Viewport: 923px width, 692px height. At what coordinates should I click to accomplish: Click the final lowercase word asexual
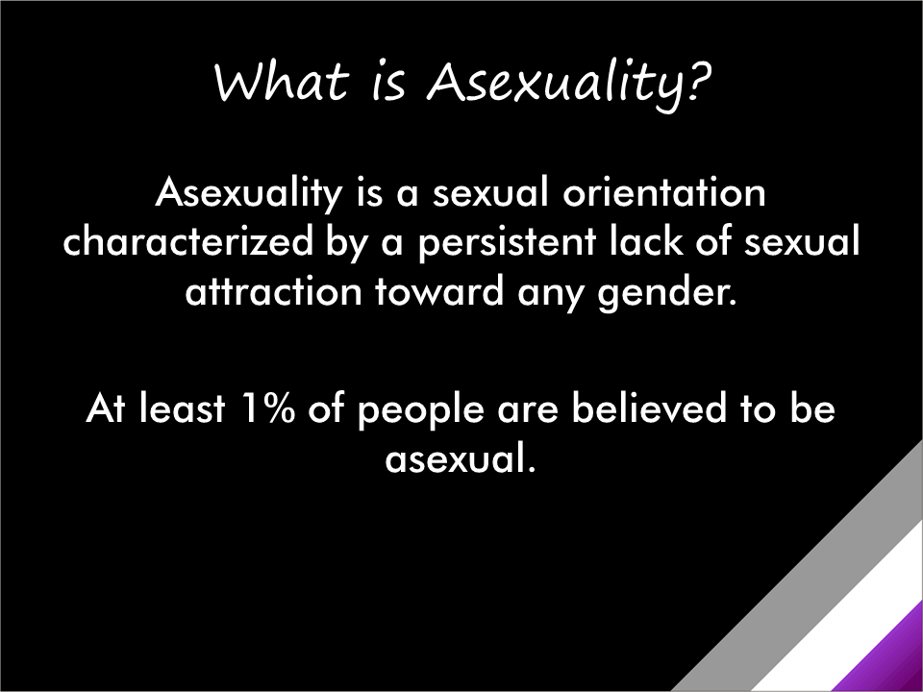(459, 457)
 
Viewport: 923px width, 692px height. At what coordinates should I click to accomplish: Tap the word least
(177, 408)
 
